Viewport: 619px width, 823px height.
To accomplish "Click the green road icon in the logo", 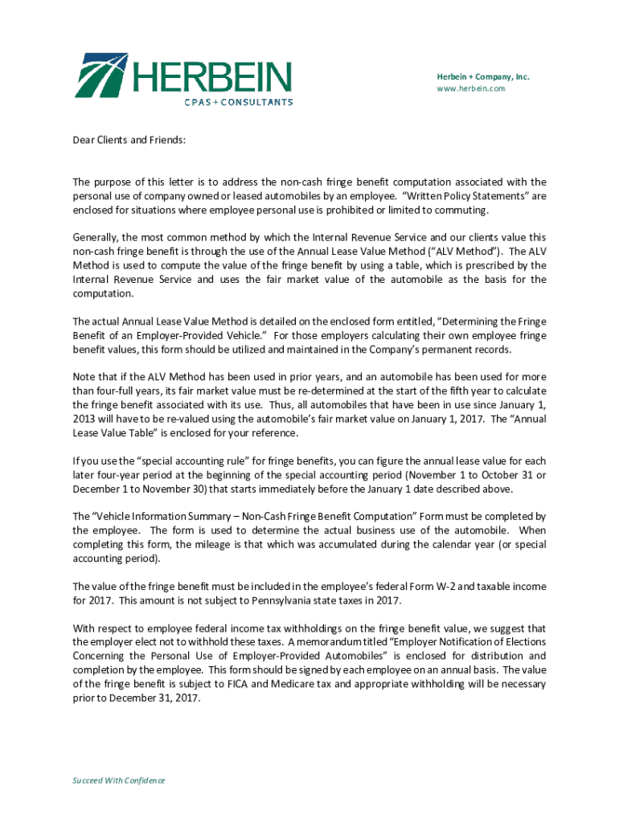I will tap(101, 76).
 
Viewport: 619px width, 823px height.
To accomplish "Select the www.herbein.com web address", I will tap(471, 88).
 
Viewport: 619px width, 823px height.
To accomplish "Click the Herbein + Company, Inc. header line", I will tap(483, 77).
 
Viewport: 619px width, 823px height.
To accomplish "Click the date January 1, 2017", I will tap(433, 419).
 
